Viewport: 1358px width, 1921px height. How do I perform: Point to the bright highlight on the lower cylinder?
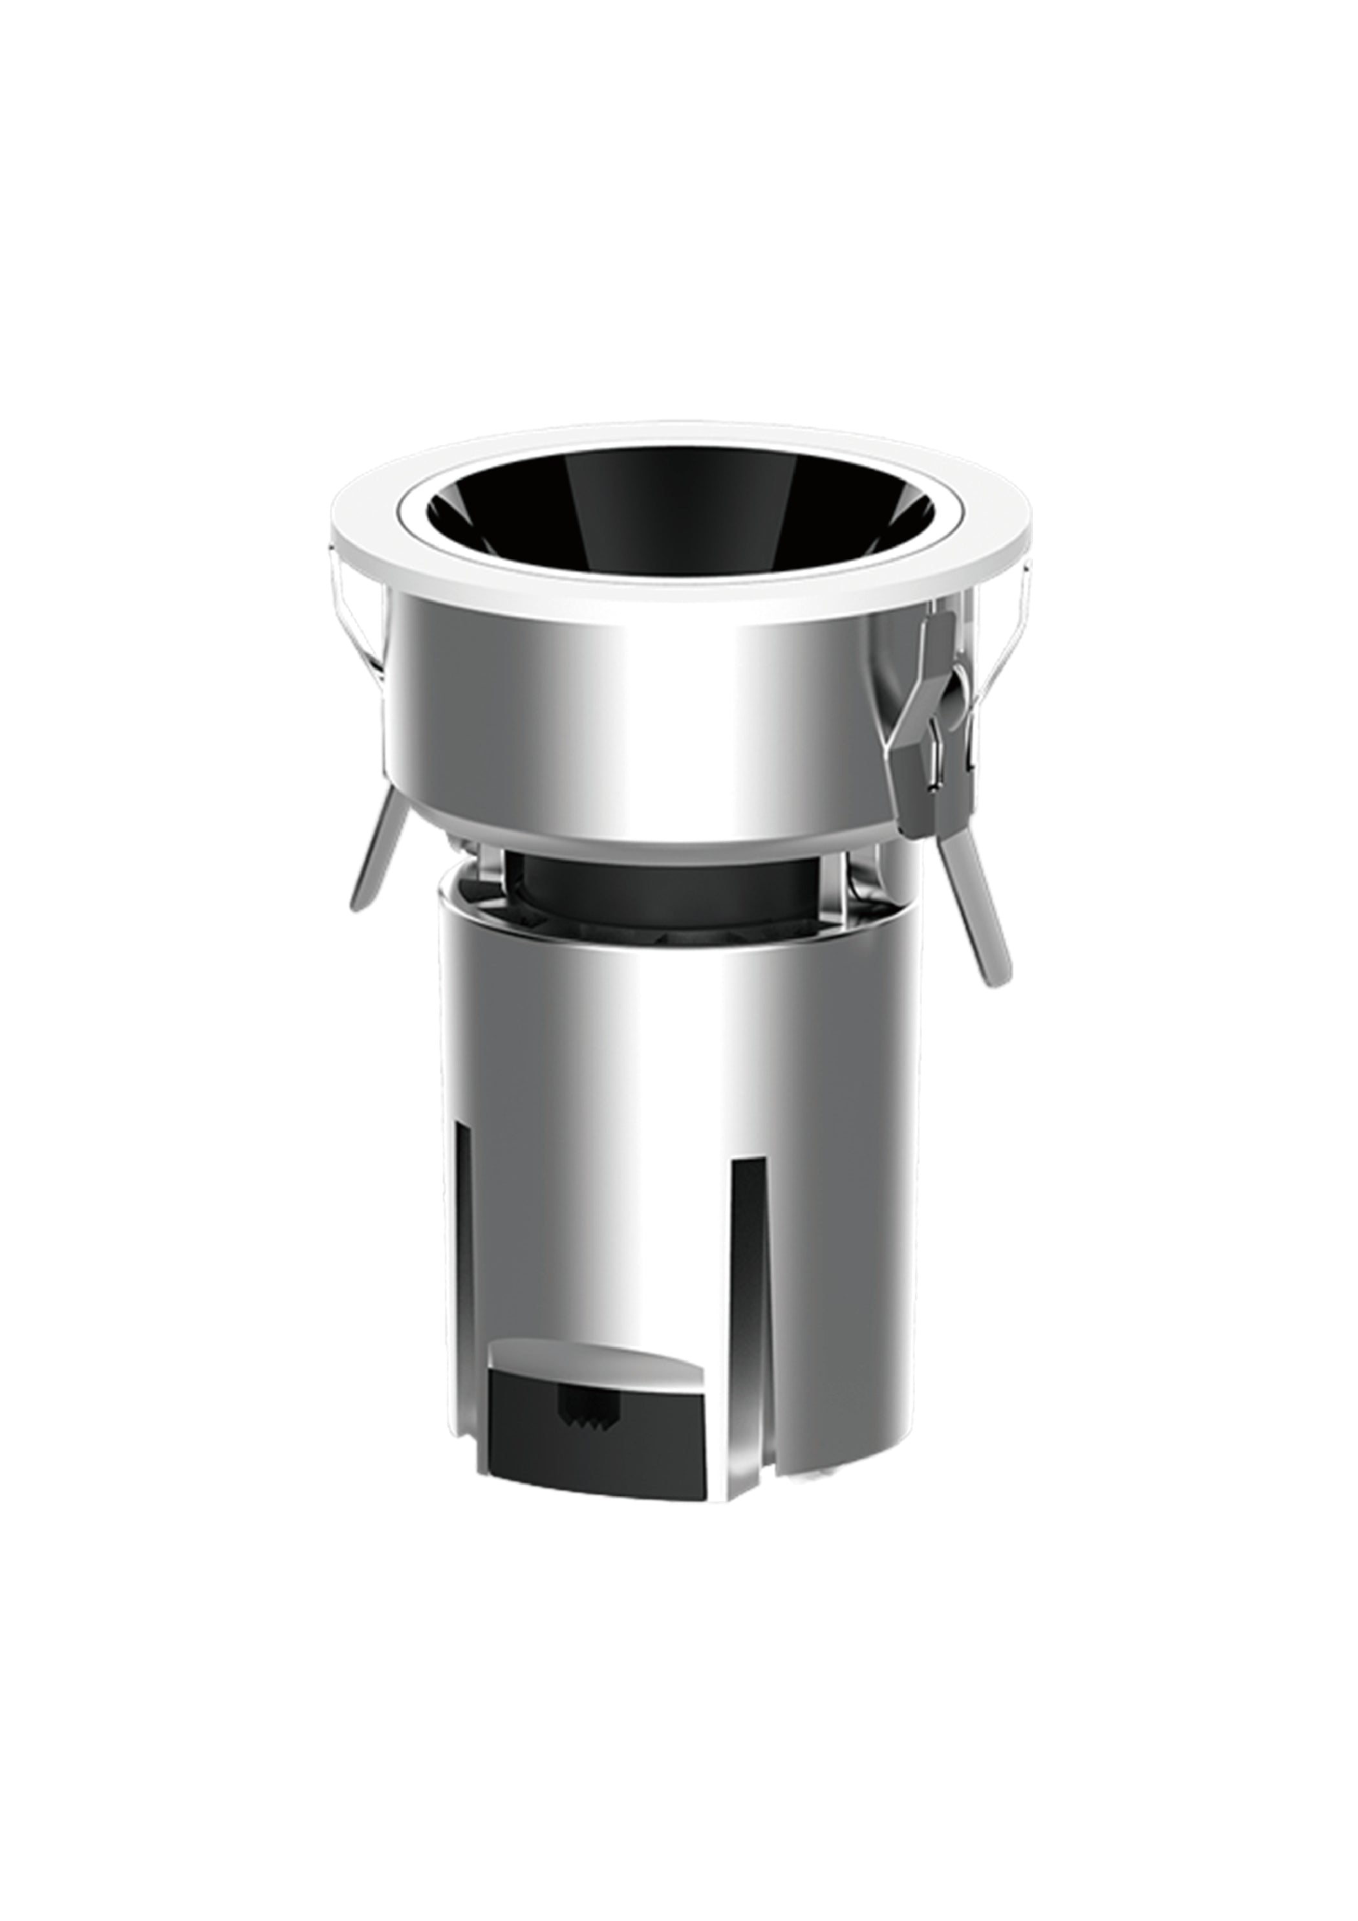coord(669,1171)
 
